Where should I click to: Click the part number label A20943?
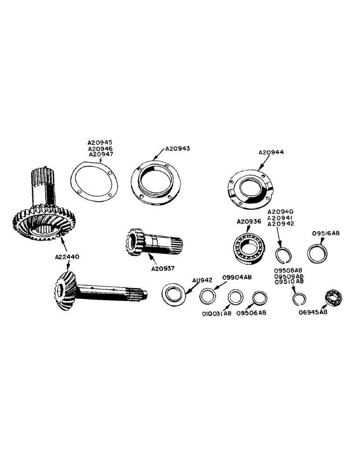(x=178, y=149)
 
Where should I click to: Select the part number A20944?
(x=271, y=152)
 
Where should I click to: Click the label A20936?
(x=249, y=221)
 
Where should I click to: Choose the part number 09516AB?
(x=325, y=233)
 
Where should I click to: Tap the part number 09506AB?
(x=251, y=313)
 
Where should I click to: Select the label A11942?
(x=202, y=280)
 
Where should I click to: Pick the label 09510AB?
(x=289, y=282)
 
